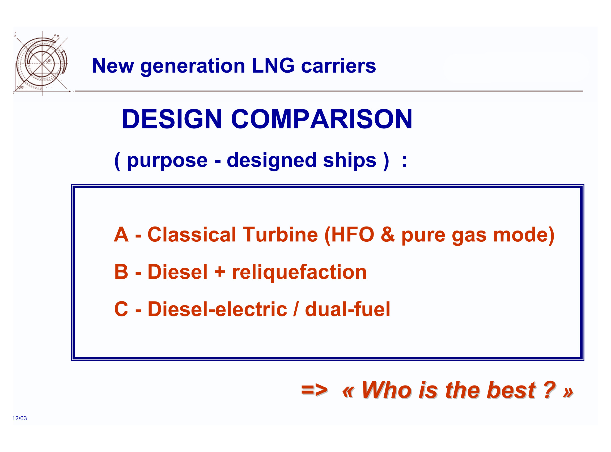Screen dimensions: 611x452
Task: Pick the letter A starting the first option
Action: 121,235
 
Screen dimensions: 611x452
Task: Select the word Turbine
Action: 280,235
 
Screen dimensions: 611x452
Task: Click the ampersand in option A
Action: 388,235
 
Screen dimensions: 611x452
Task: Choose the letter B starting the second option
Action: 121,272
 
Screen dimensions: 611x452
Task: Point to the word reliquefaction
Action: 299,273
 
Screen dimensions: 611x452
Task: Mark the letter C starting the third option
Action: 121,309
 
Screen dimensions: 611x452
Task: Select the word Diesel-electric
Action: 217,309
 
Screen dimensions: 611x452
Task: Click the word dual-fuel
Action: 347,309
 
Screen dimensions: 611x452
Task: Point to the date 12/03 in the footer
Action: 20,418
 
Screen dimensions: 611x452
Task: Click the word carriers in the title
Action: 338,66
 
